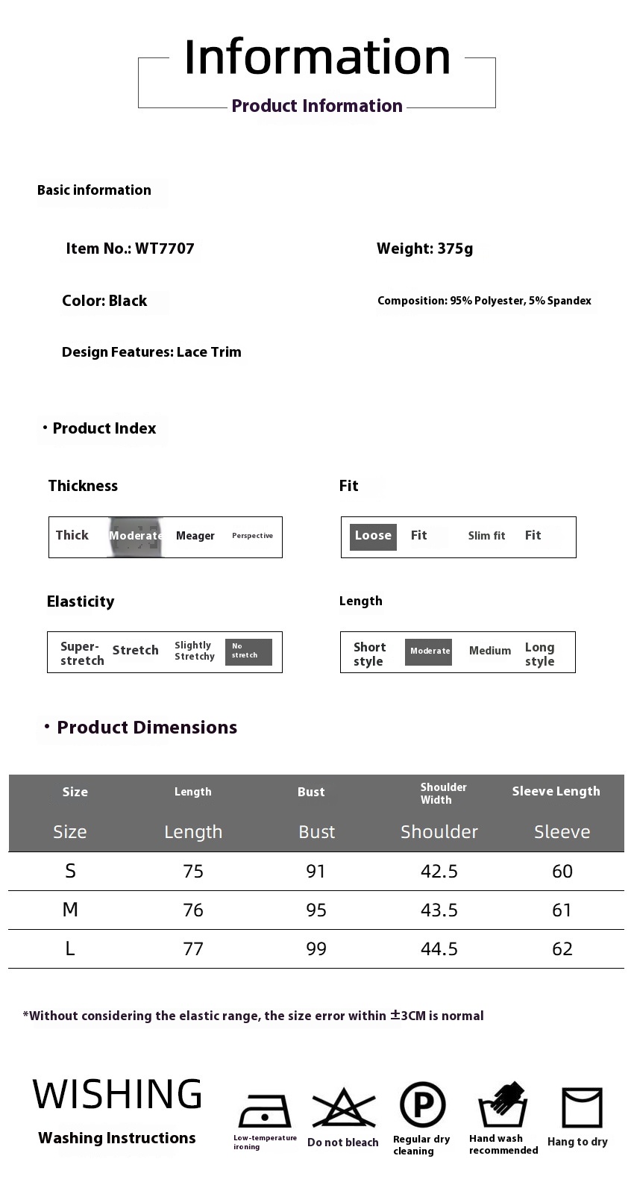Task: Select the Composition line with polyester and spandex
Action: point(484,301)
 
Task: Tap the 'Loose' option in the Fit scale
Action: point(373,536)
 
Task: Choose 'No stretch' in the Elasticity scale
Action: point(248,651)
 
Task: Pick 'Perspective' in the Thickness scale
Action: point(252,536)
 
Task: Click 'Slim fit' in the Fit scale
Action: point(486,536)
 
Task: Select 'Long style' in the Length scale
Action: point(539,654)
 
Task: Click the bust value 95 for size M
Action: point(316,910)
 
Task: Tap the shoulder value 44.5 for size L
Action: point(439,949)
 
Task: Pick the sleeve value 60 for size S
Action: point(562,872)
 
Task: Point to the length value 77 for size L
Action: point(193,949)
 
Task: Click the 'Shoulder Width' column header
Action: point(443,793)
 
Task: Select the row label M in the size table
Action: point(70,910)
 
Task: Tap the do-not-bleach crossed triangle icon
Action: point(343,1108)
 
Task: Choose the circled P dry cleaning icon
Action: point(422,1105)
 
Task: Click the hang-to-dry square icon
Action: point(582,1107)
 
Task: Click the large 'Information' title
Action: point(317,57)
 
